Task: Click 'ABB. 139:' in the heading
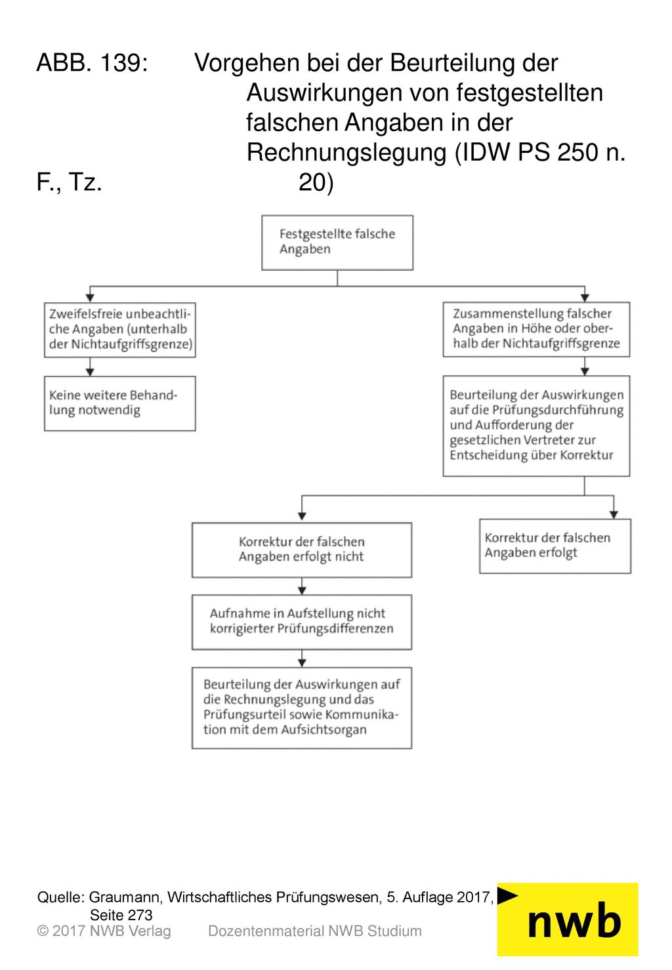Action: pyautogui.click(x=93, y=62)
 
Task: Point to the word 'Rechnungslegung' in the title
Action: pyautogui.click(x=346, y=152)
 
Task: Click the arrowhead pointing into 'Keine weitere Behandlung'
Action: pyautogui.click(x=90, y=372)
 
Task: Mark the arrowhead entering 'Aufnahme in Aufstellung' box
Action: pyautogui.click(x=302, y=590)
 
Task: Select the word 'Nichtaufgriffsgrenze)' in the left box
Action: pyautogui.click(x=132, y=344)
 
